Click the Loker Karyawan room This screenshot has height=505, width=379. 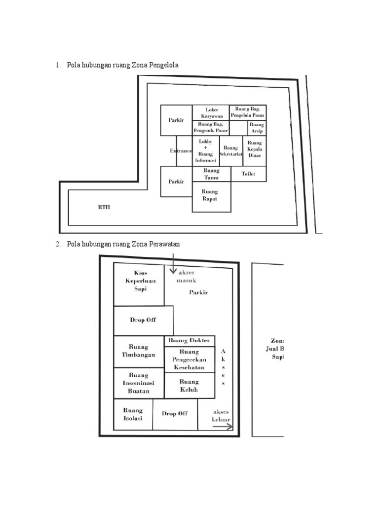click(211, 112)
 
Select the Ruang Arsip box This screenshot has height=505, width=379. click(256, 128)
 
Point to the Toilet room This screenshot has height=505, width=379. click(248, 174)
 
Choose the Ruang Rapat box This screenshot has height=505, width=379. click(211, 196)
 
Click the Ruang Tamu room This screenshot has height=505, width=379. click(211, 174)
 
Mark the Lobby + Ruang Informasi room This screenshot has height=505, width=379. click(205, 151)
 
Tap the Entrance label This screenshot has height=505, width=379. click(181, 151)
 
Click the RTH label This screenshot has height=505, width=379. click(104, 208)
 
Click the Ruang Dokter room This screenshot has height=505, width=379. click(189, 341)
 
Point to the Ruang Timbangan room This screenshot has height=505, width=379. click(138, 351)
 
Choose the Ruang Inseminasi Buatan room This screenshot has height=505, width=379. click(138, 383)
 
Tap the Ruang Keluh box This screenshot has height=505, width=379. click(189, 385)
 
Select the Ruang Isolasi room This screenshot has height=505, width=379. click(133, 414)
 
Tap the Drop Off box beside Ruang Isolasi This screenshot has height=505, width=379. click(175, 414)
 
